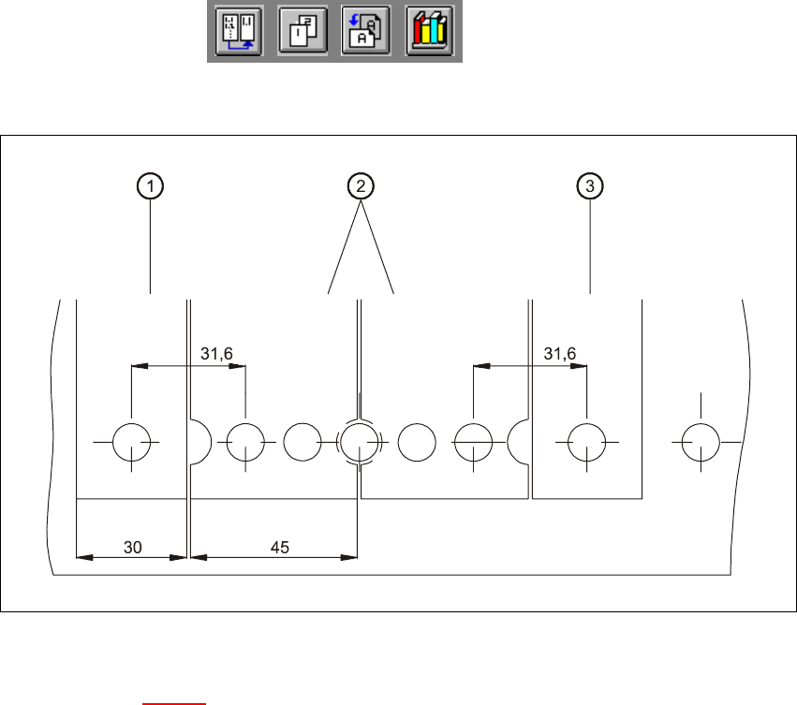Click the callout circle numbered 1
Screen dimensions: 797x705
pos(150,187)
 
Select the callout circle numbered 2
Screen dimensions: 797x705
pos(360,187)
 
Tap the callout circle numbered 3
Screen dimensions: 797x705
pos(589,187)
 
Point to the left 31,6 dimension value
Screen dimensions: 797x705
pos(216,353)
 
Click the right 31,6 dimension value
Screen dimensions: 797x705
pos(559,353)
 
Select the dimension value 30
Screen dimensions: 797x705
pos(133,548)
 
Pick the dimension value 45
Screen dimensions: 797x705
pos(280,548)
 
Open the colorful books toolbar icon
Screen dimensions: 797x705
pos(431,32)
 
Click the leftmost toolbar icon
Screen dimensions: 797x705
pos(238,32)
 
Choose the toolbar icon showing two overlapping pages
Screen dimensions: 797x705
pos(303,32)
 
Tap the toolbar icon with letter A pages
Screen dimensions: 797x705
pos(365,32)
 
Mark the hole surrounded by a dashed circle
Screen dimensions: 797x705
pos(359,441)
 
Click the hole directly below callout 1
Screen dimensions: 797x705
pos(132,441)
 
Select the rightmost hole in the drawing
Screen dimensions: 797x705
pos(700,441)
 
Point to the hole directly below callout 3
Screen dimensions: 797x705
pos(587,441)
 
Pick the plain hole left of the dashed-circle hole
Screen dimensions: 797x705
pos(302,441)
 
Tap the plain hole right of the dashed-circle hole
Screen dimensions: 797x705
pos(417,441)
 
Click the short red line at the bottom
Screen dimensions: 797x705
pos(173,699)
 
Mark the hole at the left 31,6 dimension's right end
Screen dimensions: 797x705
pos(245,441)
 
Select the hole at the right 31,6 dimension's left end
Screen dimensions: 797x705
pos(473,441)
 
